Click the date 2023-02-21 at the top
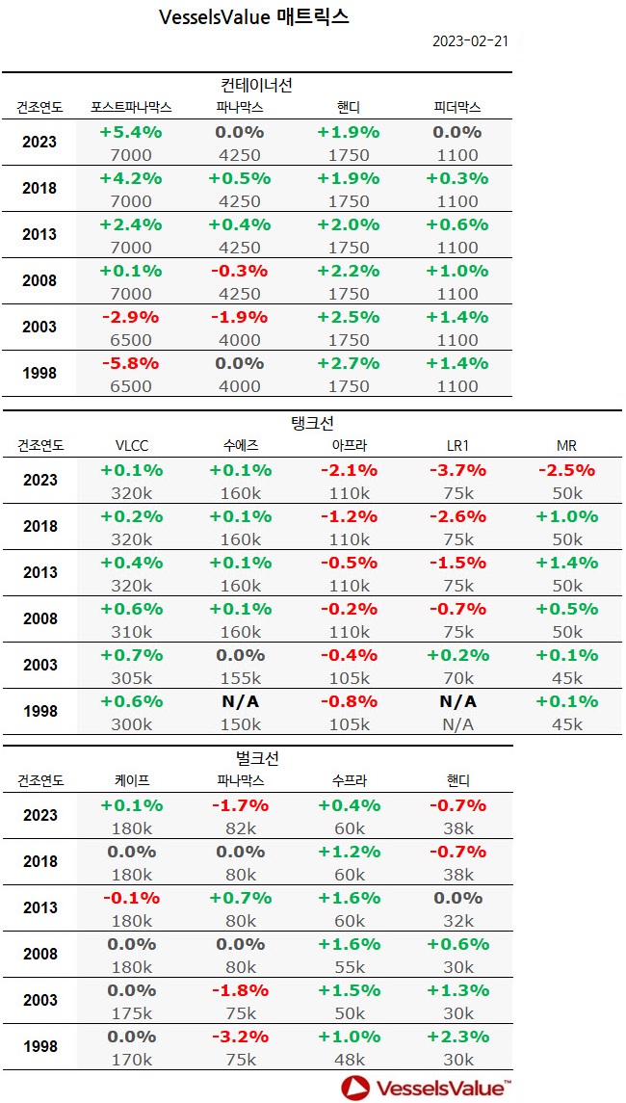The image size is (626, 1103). coord(470,40)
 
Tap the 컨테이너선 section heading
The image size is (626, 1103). coord(255,85)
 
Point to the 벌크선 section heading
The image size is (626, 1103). coord(255,758)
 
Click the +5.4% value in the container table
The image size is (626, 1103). coord(131,132)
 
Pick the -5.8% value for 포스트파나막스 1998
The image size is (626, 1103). coord(131,363)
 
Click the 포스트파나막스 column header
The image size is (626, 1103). coord(131,107)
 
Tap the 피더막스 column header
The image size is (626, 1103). coord(456,107)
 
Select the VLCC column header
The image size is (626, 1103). coord(131,445)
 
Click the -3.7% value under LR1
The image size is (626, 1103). coord(457,470)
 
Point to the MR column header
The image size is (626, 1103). coord(566,445)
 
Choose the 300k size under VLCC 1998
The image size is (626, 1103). coord(131,724)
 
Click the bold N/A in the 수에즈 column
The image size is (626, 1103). coord(240,701)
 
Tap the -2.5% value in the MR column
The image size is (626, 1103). coord(566,470)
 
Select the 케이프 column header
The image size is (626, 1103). coord(131,780)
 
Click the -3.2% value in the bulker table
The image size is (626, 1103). coord(240,1037)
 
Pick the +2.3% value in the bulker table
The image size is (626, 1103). coord(457,1037)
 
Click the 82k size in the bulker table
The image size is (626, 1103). coord(240,828)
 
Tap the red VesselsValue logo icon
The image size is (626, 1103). coord(354,1088)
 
